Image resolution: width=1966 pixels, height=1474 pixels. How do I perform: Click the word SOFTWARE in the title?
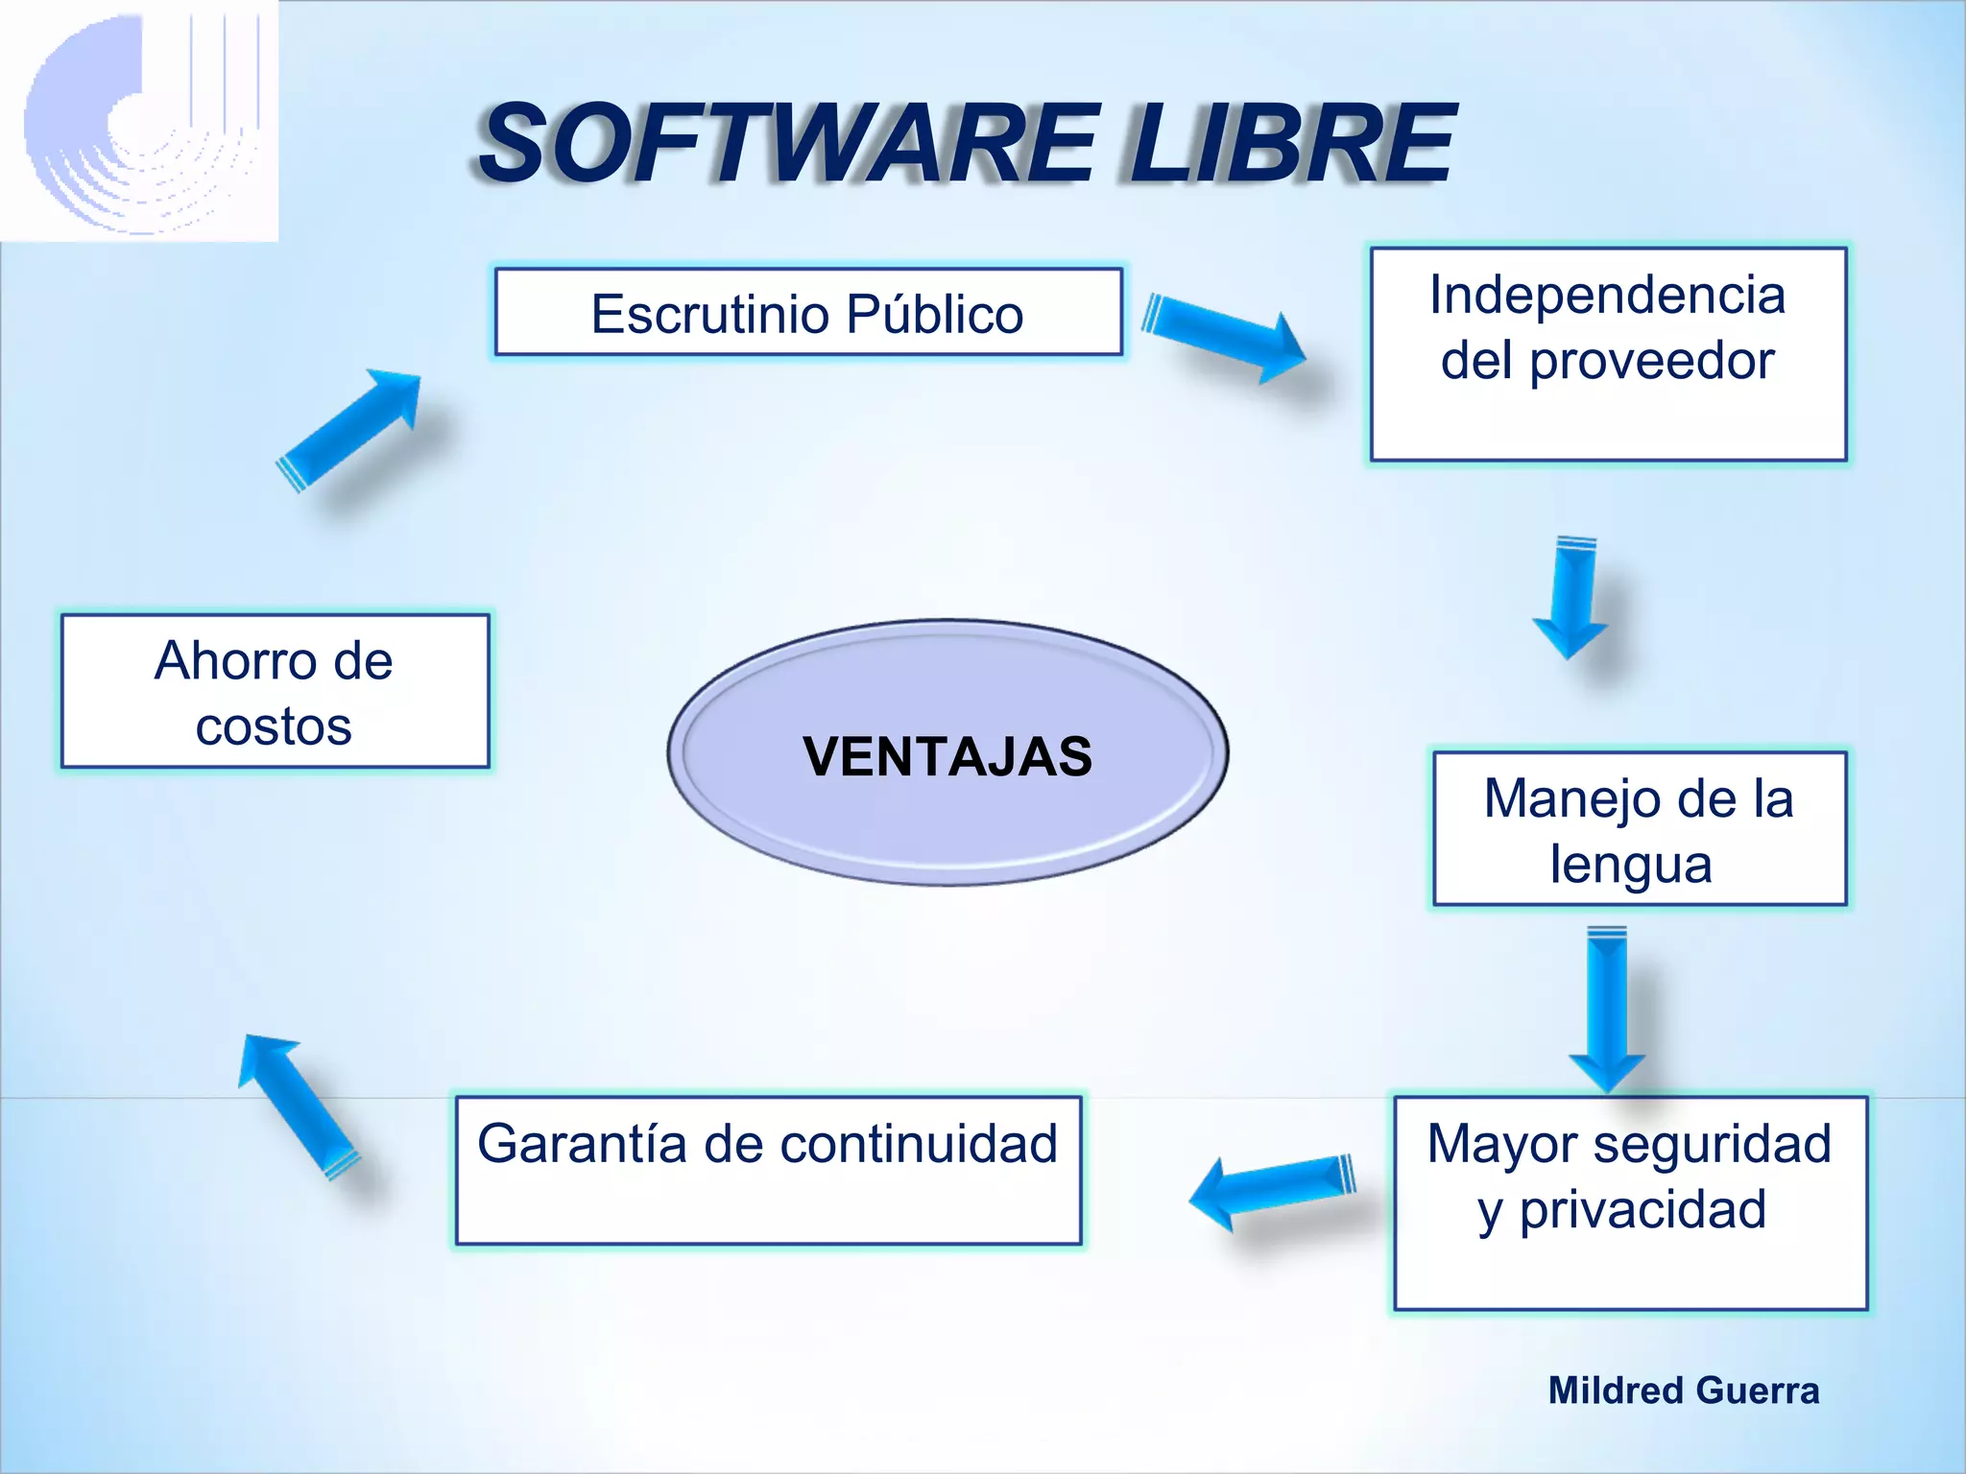tap(787, 144)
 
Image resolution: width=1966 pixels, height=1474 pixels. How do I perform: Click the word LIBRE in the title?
tap(1291, 144)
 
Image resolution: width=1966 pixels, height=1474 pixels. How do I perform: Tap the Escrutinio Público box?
tap(807, 313)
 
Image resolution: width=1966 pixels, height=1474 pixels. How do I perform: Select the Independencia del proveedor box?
tap(1608, 353)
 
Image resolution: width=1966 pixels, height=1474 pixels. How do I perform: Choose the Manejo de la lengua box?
tap(1639, 829)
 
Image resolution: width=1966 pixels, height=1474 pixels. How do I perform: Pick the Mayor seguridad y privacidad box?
tap(1629, 1202)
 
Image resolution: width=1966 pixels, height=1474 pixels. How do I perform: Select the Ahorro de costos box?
tap(275, 691)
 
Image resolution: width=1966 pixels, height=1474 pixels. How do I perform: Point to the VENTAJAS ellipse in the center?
tap(947, 753)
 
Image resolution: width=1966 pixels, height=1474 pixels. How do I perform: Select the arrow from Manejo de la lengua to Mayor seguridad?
tap(1607, 1008)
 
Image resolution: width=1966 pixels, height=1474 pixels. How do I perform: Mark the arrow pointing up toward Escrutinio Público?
tap(350, 427)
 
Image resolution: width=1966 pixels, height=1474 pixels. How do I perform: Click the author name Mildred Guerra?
tap(1683, 1391)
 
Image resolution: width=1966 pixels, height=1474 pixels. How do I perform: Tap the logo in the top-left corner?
tap(139, 120)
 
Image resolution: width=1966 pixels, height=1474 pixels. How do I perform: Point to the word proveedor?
tap(1651, 361)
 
